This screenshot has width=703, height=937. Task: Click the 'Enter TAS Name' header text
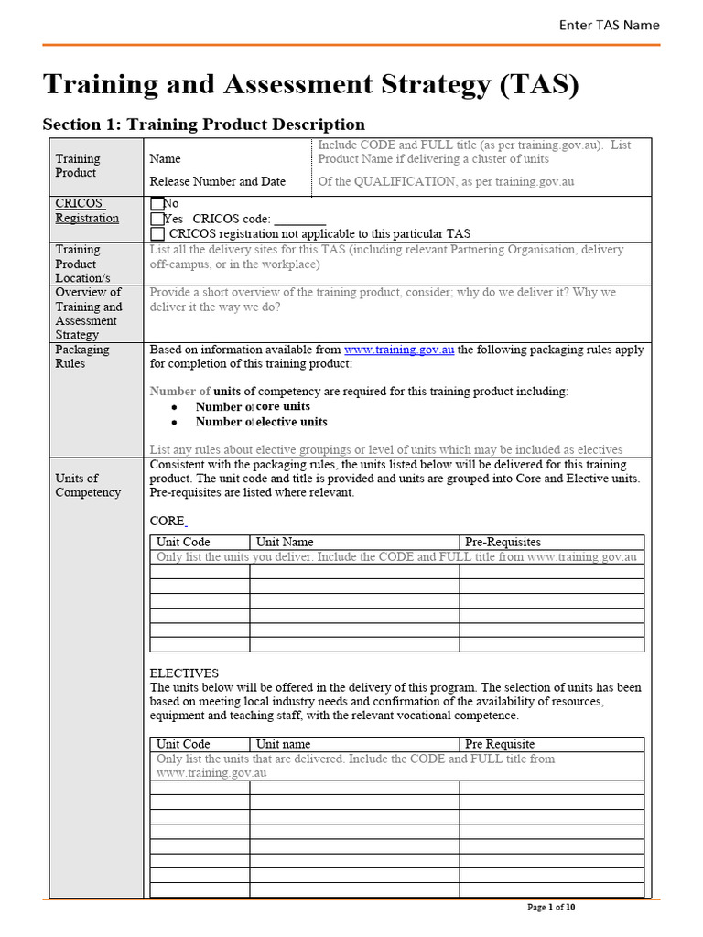click(x=609, y=25)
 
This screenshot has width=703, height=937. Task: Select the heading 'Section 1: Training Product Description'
click(x=204, y=124)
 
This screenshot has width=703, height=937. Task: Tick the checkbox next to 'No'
click(x=157, y=204)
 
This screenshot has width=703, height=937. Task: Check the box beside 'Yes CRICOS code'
click(x=157, y=219)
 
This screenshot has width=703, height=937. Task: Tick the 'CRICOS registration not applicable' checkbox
click(x=157, y=233)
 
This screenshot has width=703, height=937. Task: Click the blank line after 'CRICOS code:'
click(x=299, y=220)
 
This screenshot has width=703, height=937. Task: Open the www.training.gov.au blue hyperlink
click(x=399, y=350)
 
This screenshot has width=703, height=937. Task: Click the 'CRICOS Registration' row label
click(x=87, y=210)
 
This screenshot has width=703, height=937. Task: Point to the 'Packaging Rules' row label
click(x=81, y=356)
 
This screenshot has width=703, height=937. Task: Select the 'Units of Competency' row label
click(x=87, y=485)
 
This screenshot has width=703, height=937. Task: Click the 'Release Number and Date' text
click(x=218, y=181)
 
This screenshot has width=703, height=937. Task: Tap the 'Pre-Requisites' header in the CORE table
click(x=503, y=542)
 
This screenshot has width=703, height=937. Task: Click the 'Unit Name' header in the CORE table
click(x=285, y=542)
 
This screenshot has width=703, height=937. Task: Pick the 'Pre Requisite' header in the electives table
click(x=500, y=744)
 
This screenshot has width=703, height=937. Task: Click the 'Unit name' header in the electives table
click(x=283, y=744)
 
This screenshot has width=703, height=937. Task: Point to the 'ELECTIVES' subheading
click(x=184, y=673)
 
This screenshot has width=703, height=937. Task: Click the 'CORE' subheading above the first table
click(x=167, y=521)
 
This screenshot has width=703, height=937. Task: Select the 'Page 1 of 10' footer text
click(x=552, y=908)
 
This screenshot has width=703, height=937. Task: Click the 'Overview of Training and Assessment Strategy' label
click(x=88, y=313)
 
